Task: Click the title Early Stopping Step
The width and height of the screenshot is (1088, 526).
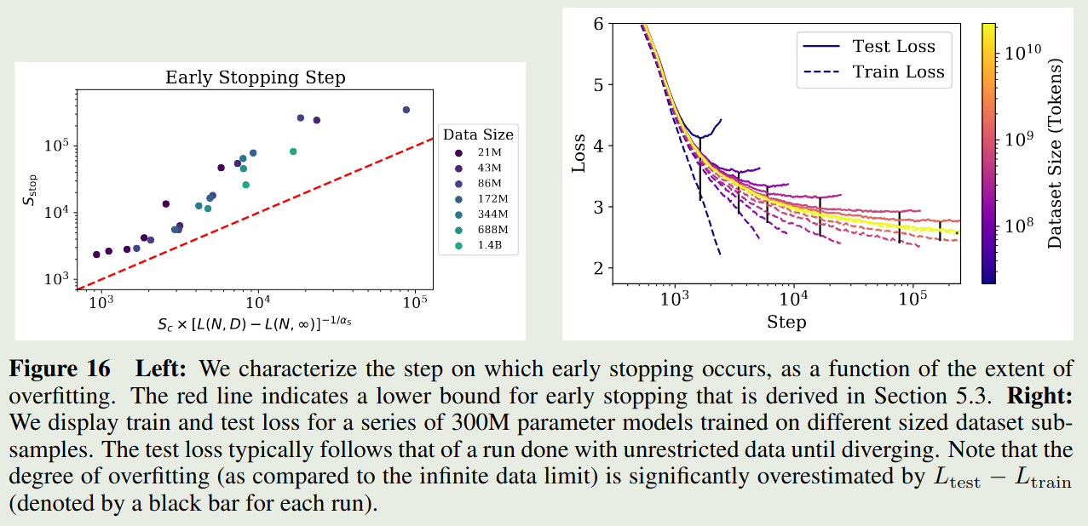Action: [256, 77]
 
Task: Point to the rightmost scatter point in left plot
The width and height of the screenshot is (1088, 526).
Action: [406, 110]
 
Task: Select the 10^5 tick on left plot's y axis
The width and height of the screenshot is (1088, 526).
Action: [55, 146]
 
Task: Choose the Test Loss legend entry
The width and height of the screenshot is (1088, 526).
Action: [893, 47]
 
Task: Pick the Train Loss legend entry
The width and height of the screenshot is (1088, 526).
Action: [898, 72]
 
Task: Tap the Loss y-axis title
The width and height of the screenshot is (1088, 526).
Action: [579, 153]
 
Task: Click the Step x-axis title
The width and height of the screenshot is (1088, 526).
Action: [786, 323]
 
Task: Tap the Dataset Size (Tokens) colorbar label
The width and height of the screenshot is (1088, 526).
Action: [1056, 153]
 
